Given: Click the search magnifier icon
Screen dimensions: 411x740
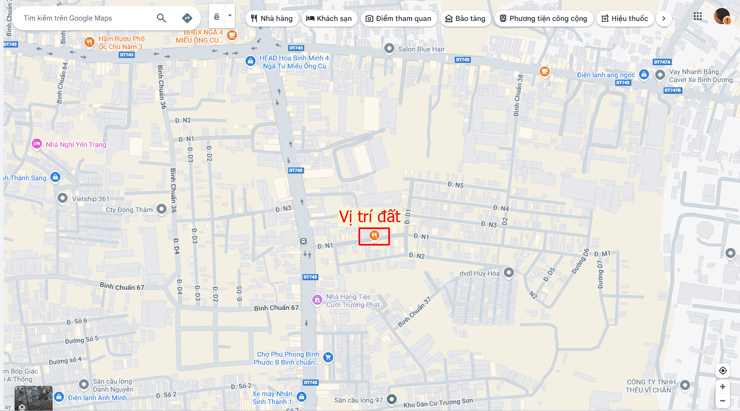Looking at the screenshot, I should (x=161, y=18).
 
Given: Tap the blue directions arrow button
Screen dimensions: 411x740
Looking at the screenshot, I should (x=187, y=18).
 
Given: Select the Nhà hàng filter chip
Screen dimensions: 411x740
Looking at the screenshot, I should (x=272, y=19).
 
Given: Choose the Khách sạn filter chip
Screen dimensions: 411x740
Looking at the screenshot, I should (x=329, y=19).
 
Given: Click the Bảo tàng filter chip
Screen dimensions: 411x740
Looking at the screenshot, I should (x=466, y=19).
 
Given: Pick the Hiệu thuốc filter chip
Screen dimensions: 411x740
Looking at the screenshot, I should (x=625, y=19).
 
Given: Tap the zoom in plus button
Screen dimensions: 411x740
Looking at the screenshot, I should (x=723, y=387).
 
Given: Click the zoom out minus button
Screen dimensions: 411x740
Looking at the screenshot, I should (x=723, y=401).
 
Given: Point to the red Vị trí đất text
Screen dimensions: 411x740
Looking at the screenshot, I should (x=370, y=217).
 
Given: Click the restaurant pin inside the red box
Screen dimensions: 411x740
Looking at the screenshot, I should (x=374, y=235).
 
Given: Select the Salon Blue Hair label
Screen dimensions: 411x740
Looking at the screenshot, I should (x=421, y=49).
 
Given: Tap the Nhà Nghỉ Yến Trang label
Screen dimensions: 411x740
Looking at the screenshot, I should (x=76, y=145).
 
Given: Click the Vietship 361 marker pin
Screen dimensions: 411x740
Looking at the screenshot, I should (x=62, y=198).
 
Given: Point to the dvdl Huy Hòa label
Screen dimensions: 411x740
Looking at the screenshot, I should (x=479, y=273).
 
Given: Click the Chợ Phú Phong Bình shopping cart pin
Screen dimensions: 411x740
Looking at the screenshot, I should (x=328, y=357).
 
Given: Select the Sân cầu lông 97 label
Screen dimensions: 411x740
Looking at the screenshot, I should (x=358, y=400).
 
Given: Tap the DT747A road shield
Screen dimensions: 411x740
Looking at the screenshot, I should (x=662, y=62).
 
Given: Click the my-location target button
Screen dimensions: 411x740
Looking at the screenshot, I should (x=723, y=370).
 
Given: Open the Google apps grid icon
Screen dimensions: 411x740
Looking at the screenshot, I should (x=698, y=17).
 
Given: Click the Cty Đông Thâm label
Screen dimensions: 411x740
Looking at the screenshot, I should (x=129, y=210).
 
